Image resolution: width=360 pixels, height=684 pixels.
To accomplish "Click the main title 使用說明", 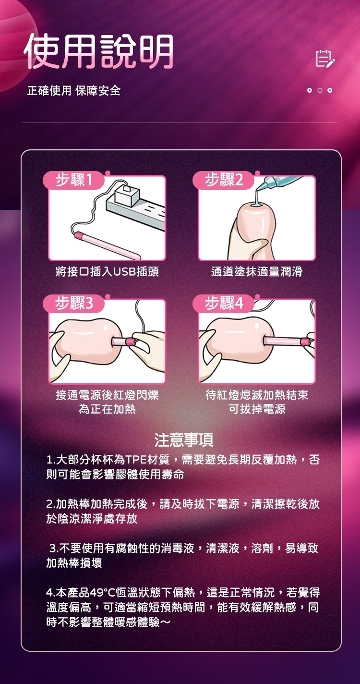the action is [x=98, y=51].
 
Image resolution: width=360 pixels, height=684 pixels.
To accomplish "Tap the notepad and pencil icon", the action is [x=325, y=58].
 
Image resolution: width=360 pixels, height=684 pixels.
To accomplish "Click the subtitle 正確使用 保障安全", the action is [x=73, y=90].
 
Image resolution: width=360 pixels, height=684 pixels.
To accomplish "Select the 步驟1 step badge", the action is [x=73, y=180].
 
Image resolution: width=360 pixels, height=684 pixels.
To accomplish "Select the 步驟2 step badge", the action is [x=223, y=180].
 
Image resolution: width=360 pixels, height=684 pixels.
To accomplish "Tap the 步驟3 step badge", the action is [x=73, y=303].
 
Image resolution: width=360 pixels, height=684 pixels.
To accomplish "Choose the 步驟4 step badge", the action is [x=223, y=303].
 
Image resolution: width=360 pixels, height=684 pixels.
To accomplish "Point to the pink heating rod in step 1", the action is [x=107, y=245].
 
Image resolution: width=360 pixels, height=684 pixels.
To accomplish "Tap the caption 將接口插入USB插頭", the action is [x=107, y=271].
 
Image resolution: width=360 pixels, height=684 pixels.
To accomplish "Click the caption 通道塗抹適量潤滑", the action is [x=257, y=271].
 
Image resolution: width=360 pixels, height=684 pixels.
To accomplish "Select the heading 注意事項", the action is [x=184, y=440].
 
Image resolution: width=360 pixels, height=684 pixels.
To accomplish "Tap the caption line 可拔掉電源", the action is [x=257, y=409].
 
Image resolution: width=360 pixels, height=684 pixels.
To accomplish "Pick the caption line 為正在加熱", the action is [x=107, y=409].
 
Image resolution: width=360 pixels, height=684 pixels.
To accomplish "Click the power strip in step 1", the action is [x=136, y=211].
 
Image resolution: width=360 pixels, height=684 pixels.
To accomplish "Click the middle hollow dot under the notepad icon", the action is [x=320, y=90].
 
